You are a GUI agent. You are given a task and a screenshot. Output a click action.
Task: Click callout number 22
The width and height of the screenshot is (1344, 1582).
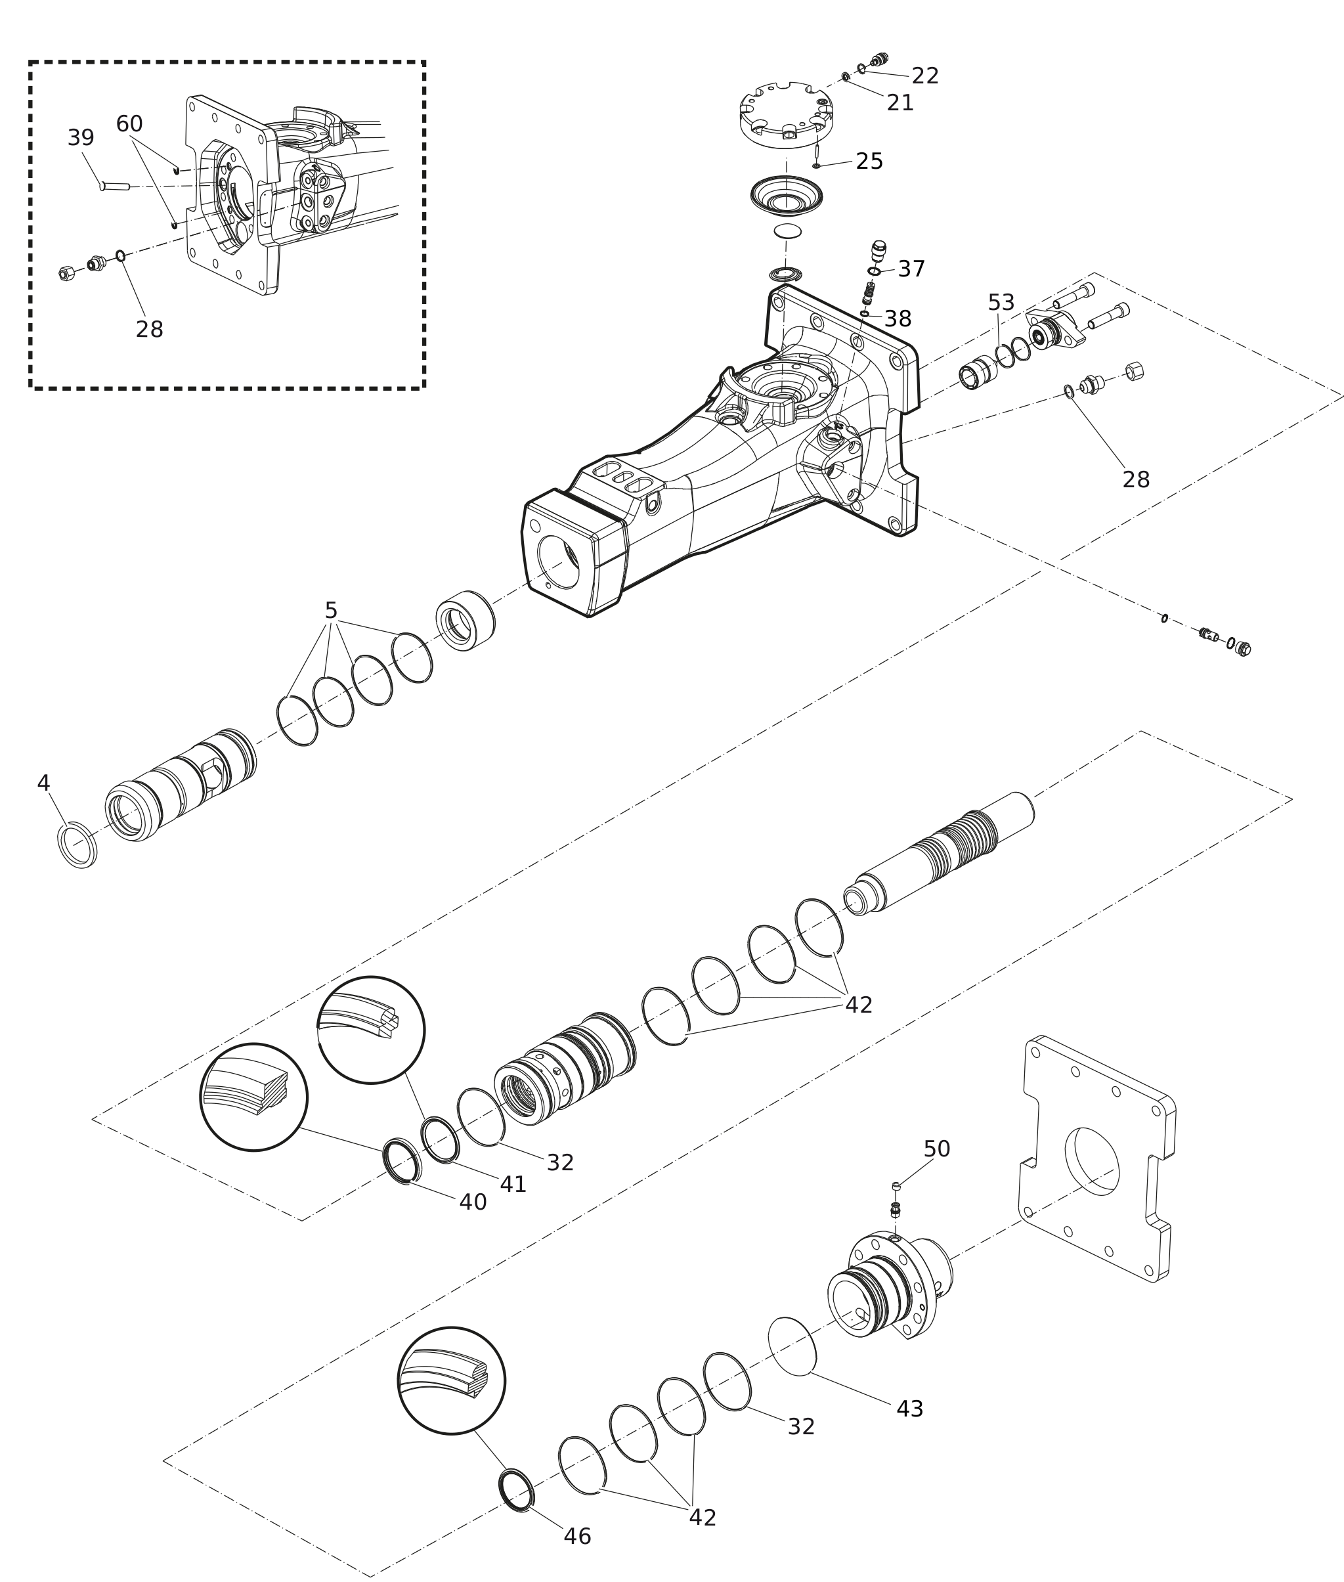925,76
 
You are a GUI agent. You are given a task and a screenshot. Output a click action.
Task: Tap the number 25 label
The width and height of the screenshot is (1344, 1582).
869,162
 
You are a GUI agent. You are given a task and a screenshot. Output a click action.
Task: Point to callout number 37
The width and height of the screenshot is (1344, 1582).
911,269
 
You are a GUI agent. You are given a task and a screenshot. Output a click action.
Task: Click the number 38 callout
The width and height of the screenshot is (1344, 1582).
898,319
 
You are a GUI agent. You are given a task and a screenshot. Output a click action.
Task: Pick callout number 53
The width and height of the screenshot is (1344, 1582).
1001,303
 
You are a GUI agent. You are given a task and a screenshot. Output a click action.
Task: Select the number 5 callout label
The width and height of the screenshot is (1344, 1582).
331,610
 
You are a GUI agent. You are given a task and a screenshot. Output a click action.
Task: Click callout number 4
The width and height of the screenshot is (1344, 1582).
43,783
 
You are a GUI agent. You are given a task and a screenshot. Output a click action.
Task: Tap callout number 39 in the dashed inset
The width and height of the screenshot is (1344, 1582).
81,138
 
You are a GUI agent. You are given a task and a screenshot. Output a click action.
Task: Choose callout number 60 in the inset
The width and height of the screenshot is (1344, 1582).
129,123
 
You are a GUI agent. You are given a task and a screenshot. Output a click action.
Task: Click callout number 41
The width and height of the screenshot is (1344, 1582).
513,1206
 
